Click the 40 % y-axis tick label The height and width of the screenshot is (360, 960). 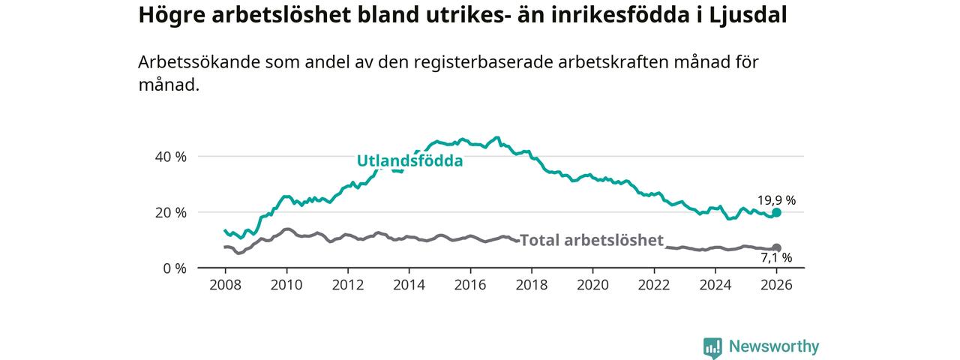click(170, 157)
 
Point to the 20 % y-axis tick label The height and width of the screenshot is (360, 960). click(170, 212)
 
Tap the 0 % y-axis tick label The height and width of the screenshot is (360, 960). click(174, 268)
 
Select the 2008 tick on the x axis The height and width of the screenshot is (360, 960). click(225, 286)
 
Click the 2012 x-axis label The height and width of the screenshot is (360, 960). click(347, 286)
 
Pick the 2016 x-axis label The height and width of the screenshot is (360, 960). click(470, 286)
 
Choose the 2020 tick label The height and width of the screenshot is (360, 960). click(592, 286)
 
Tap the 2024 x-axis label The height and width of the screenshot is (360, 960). click(715, 286)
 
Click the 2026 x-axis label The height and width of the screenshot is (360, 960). click(777, 286)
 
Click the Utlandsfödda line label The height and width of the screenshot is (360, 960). click(409, 161)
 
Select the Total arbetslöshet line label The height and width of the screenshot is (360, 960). click(592, 240)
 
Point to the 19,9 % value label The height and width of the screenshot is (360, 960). click(776, 200)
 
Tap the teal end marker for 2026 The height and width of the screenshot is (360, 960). click(777, 212)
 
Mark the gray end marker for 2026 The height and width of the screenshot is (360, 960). click(777, 247)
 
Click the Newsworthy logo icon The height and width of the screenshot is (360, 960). click(712, 347)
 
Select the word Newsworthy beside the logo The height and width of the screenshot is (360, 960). click(774, 346)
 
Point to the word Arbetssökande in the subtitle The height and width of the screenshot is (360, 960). click(199, 62)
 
